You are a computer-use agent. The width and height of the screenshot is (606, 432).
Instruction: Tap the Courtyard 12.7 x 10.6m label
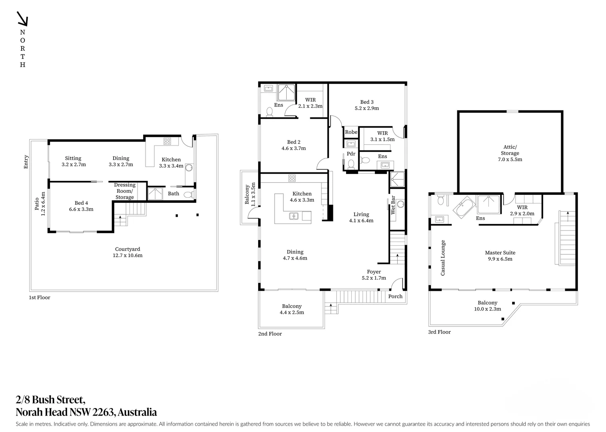[x=128, y=252]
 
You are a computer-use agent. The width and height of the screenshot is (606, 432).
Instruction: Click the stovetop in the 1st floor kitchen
[x=167, y=141]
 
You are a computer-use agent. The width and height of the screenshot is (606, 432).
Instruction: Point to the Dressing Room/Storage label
[x=125, y=191]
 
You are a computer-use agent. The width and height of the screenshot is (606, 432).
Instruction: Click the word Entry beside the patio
[x=26, y=162]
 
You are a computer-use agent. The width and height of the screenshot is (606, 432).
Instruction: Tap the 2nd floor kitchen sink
[x=294, y=216]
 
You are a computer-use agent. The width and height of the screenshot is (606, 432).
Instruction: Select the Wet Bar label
[x=393, y=205]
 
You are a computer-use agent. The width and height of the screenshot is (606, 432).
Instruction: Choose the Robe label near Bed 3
[x=351, y=132]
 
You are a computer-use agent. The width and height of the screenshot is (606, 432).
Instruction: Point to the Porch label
[x=395, y=296]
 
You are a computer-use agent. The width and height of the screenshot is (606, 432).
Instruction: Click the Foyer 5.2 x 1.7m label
[x=374, y=275]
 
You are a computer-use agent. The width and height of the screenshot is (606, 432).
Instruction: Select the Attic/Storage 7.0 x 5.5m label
[x=510, y=153]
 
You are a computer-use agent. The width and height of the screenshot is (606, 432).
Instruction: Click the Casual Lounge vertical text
[x=443, y=258]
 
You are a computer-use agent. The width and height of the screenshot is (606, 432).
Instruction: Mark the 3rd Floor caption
[x=439, y=332]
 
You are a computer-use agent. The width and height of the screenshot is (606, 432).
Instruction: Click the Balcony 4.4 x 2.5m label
[x=292, y=309]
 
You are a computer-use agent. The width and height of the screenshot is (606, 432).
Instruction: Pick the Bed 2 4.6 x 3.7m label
[x=293, y=145]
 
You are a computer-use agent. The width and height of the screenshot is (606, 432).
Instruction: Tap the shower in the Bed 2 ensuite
[x=286, y=92]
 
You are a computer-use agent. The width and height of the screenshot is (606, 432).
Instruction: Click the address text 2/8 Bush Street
[x=50, y=399]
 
